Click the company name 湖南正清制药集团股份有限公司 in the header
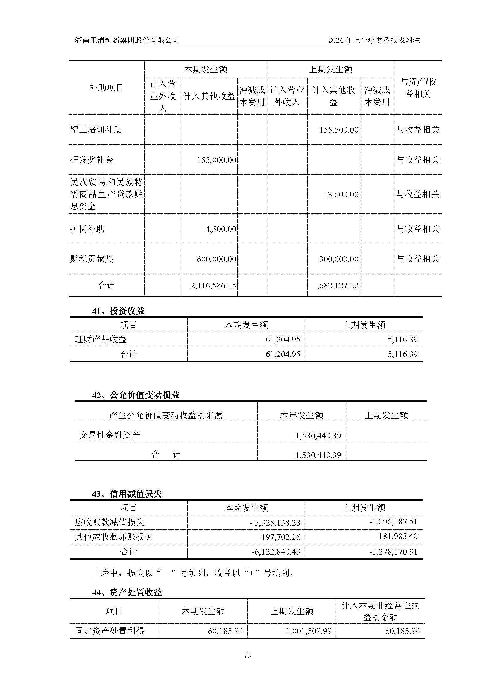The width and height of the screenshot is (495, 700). (x=127, y=40)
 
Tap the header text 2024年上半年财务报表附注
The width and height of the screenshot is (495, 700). (x=374, y=40)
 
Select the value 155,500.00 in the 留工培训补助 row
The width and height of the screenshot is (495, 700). (x=339, y=130)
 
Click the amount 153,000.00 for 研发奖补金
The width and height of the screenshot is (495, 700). (x=216, y=160)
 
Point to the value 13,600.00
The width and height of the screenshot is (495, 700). (x=341, y=194)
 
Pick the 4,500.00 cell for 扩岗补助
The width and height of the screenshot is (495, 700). (x=220, y=229)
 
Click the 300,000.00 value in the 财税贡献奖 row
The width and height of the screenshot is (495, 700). (x=339, y=259)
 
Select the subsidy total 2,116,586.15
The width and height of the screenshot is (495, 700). (x=213, y=286)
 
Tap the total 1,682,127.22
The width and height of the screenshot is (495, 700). (x=335, y=286)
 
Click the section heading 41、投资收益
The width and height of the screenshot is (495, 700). (x=118, y=311)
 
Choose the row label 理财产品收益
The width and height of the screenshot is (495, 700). (x=101, y=339)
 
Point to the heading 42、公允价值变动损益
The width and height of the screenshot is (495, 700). (x=136, y=395)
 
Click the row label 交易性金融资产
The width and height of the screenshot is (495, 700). (x=110, y=435)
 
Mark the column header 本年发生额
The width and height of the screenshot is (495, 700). (x=301, y=415)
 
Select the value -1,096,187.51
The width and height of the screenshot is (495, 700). (x=393, y=522)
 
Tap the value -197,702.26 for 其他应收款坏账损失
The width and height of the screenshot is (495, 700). (x=279, y=537)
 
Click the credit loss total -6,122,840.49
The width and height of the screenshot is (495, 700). (x=276, y=552)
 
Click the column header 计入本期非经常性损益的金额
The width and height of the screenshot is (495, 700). (x=380, y=611)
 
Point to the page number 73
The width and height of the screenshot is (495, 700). (x=247, y=655)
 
